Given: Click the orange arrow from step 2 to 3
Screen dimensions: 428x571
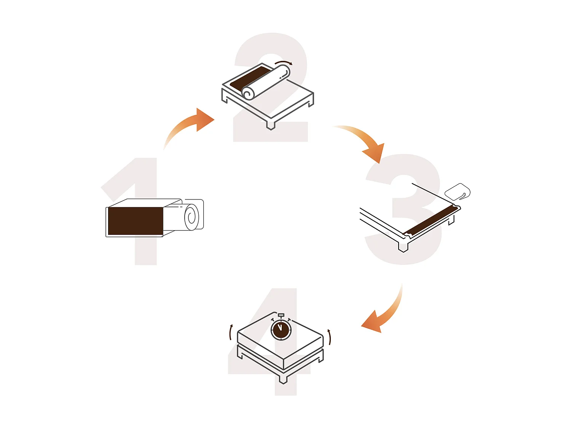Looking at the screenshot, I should click(365, 143).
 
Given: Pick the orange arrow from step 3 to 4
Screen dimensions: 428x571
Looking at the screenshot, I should click(383, 316).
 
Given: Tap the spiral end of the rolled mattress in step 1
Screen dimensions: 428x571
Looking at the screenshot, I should click(191, 217).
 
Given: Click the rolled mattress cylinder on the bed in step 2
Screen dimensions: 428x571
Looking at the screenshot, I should click(266, 82).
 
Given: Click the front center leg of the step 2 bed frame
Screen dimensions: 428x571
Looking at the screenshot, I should click(271, 125).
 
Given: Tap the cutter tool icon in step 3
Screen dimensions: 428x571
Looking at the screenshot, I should click(458, 191).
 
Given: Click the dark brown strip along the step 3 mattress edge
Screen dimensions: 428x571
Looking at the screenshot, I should click(430, 221).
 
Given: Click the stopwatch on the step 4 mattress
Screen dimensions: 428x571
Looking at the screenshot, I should click(281, 329).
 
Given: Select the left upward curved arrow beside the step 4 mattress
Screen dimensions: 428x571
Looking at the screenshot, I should click(231, 333).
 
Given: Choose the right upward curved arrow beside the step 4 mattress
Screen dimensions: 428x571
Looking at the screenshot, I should click(330, 337).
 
